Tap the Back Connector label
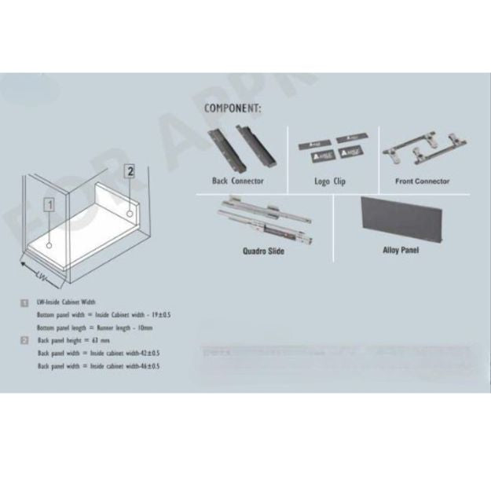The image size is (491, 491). pos(237,181)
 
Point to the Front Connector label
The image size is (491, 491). pos(422,181)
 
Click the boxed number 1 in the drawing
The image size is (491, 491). pos(49,206)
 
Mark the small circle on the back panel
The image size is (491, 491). pos(128,212)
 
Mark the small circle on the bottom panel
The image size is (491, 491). pos(49,245)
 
